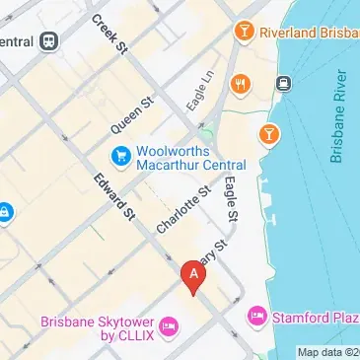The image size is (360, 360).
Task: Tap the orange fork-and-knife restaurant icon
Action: click(238, 85)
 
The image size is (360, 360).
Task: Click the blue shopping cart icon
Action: click(120, 156)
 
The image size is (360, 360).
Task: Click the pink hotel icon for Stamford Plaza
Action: click(255, 317)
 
